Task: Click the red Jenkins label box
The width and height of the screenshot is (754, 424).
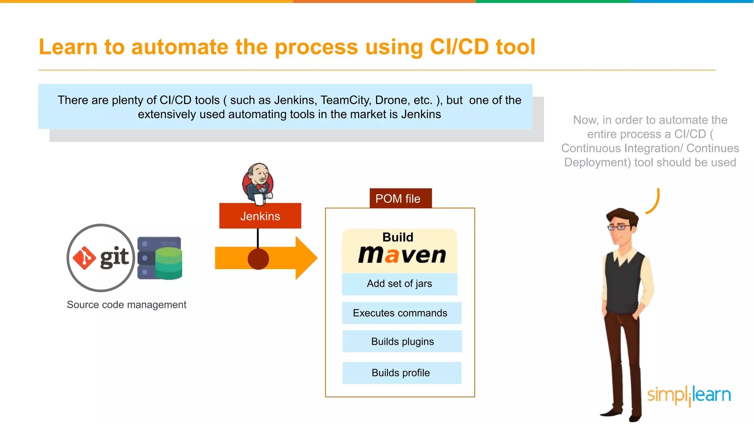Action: tap(260, 216)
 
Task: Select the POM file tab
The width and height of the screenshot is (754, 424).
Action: tap(400, 198)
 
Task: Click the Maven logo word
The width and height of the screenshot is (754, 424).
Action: tap(402, 255)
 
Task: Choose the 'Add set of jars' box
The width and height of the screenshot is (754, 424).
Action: tap(399, 284)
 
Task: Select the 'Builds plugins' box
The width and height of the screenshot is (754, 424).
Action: tap(402, 342)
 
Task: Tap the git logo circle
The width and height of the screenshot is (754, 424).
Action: tap(101, 258)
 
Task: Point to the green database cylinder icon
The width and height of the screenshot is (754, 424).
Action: tap(169, 263)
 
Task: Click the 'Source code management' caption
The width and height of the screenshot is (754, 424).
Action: tap(126, 305)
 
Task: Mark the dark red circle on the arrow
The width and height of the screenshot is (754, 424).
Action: tap(258, 259)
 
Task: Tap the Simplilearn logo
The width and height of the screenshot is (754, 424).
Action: tap(689, 395)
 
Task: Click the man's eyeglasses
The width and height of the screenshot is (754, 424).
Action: tap(619, 227)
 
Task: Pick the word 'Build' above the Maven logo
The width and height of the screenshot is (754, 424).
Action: tap(398, 237)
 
